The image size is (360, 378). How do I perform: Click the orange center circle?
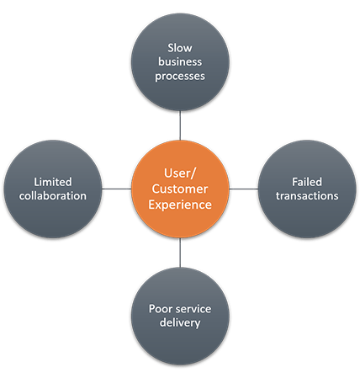180,189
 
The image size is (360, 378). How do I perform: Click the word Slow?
180,46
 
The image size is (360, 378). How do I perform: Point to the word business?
180,61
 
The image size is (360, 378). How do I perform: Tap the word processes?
180,77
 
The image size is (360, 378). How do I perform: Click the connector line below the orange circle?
180,253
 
